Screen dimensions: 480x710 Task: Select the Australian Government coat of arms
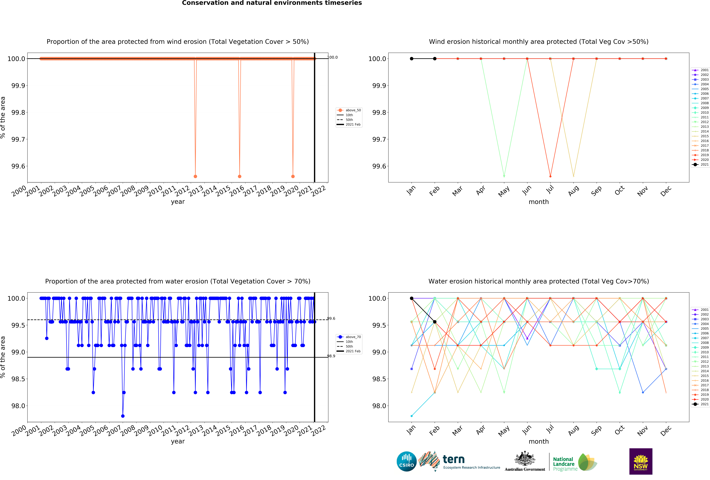(525, 458)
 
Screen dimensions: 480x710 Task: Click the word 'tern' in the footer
(454, 459)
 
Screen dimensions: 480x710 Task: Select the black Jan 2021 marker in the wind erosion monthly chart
(412, 59)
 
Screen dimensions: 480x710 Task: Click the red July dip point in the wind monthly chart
(550, 176)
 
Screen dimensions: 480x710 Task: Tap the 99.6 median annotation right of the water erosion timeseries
(331, 318)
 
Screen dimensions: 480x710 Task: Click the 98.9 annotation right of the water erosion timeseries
(331, 356)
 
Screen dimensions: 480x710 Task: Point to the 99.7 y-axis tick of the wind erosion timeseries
(18, 139)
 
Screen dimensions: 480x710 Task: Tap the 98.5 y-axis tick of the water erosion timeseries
(18, 379)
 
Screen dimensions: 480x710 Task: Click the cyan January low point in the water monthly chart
(412, 416)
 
